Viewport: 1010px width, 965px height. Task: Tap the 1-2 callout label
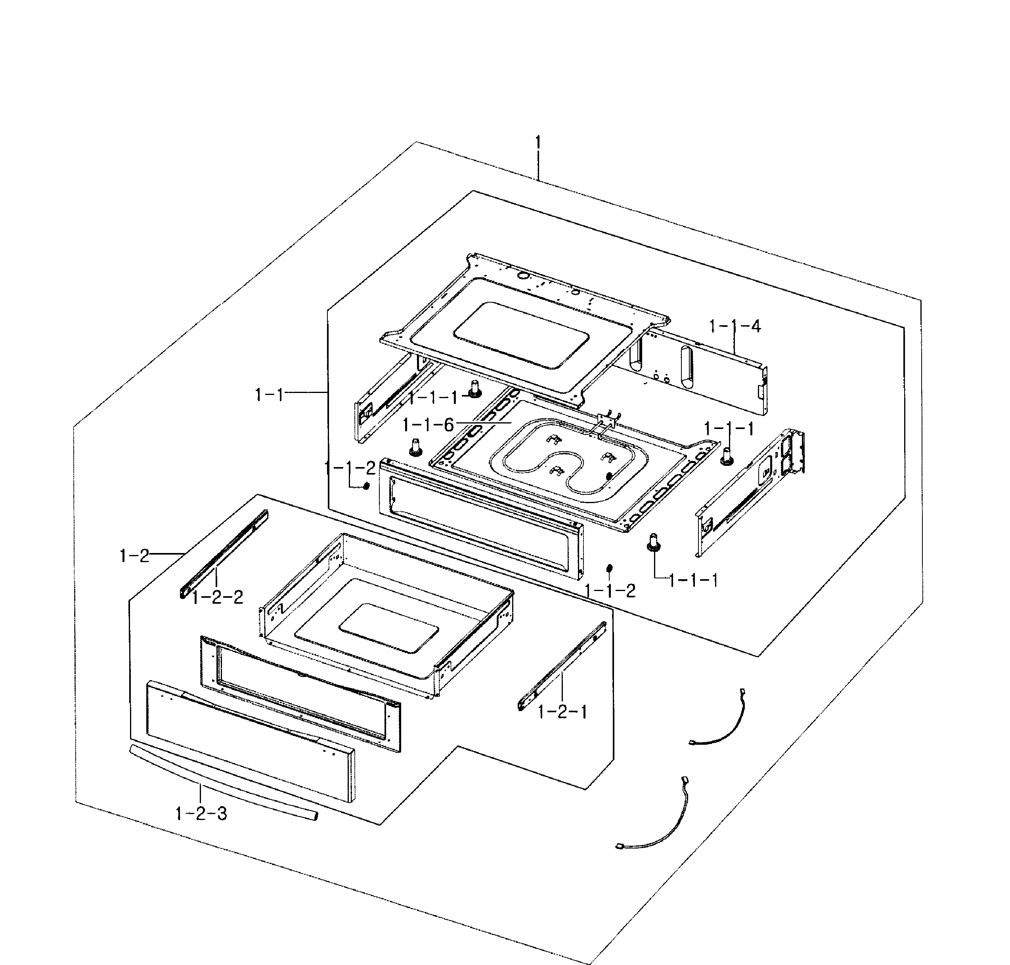(134, 556)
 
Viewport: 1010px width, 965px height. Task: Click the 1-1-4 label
(734, 326)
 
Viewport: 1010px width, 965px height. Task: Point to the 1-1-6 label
(428, 425)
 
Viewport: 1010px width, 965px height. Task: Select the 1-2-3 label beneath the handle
(201, 814)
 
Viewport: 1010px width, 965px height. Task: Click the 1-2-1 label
(562, 712)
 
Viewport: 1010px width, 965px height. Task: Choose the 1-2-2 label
(217, 597)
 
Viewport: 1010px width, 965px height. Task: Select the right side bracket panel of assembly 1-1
(749, 494)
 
